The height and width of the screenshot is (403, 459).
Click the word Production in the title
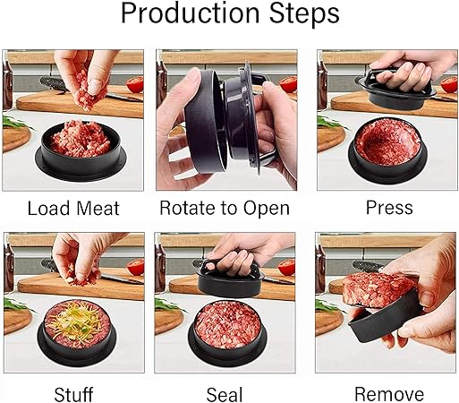click(x=191, y=14)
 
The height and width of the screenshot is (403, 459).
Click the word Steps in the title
click(x=304, y=14)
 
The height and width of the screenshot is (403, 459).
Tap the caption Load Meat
click(x=73, y=208)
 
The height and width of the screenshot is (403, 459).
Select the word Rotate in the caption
click(x=185, y=208)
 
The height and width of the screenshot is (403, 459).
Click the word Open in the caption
click(x=267, y=209)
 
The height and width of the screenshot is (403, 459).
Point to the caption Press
click(x=389, y=208)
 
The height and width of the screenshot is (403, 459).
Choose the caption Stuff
click(x=73, y=394)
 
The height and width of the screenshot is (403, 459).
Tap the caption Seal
click(x=225, y=394)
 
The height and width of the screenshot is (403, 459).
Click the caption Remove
click(x=389, y=394)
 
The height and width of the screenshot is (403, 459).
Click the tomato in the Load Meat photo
click(x=135, y=84)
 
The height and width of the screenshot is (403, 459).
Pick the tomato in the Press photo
click(x=449, y=84)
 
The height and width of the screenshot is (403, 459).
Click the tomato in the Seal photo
click(x=286, y=267)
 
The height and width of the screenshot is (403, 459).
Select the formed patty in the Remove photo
click(x=378, y=289)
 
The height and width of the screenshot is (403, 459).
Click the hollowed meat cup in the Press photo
click(x=387, y=141)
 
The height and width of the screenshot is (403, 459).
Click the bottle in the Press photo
click(x=321, y=83)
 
